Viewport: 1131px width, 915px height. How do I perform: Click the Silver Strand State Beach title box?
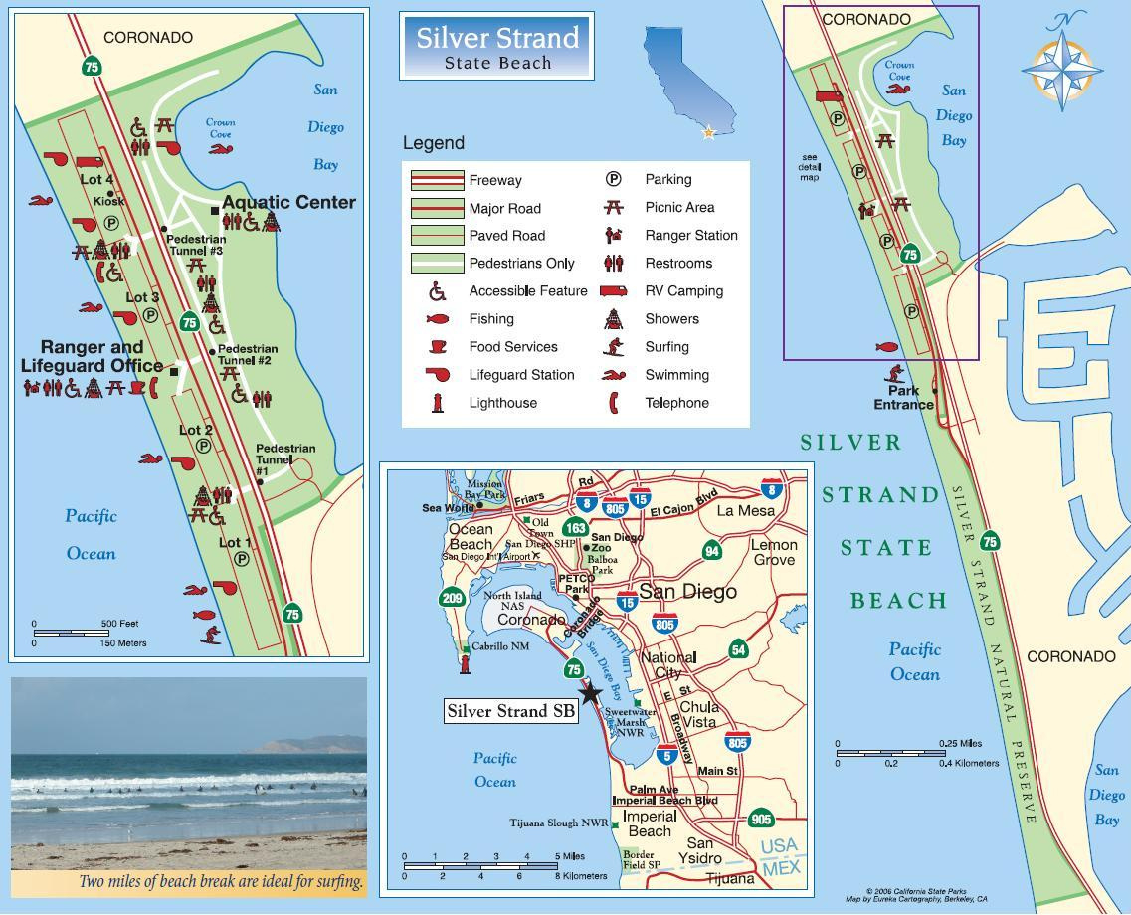(496, 46)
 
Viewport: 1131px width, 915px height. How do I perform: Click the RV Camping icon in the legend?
(614, 291)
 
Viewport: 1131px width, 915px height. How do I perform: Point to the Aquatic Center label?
(288, 202)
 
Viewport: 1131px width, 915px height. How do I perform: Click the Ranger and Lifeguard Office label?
(92, 356)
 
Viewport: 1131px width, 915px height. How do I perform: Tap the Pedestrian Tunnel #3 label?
(195, 245)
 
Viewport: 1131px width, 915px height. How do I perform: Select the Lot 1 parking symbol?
(240, 559)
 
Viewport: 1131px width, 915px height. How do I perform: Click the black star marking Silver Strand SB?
(589, 692)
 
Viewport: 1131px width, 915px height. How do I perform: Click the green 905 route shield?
(761, 820)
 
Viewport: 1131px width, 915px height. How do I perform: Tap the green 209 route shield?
(452, 598)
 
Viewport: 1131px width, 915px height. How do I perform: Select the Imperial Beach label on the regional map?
(649, 823)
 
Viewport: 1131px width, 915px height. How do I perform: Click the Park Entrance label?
(903, 398)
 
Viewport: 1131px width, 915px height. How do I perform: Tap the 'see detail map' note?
(810, 168)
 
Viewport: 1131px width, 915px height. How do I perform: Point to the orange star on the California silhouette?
(709, 132)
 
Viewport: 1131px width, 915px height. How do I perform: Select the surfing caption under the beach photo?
(221, 881)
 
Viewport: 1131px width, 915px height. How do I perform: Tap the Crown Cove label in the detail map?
(220, 128)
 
